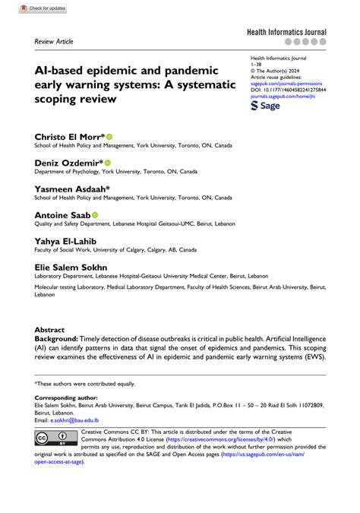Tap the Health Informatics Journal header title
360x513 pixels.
coord(286,33)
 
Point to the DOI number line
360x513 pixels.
coord(288,90)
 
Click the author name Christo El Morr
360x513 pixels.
coord(69,136)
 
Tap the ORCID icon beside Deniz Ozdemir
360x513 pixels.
coord(108,163)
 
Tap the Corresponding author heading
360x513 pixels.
coord(67,399)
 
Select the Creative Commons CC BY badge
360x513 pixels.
coord(55,439)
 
